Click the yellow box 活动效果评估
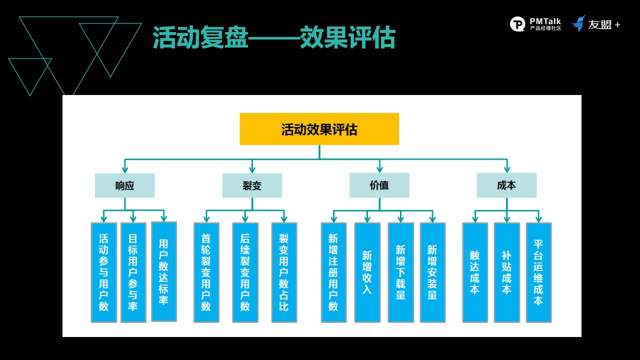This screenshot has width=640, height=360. (x=319, y=129)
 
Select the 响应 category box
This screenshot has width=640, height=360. (x=125, y=185)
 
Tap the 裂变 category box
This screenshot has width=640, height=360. (x=252, y=185)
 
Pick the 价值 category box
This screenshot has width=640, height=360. (x=379, y=185)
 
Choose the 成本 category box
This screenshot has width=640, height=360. (x=506, y=185)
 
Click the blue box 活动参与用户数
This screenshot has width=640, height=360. (x=103, y=272)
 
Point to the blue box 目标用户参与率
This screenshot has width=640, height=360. (x=133, y=272)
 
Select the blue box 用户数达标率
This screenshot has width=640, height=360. (x=163, y=271)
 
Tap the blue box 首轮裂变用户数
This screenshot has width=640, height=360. (x=206, y=272)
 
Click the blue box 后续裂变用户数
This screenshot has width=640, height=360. (x=245, y=272)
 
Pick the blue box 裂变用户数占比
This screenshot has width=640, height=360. (x=284, y=272)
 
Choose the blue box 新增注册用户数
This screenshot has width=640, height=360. (x=333, y=272)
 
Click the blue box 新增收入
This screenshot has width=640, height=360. (x=367, y=272)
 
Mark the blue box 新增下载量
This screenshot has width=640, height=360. (x=400, y=272)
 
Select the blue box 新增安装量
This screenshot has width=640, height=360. (x=432, y=272)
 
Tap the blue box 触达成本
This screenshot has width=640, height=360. (x=475, y=272)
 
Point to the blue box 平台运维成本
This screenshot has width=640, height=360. (x=538, y=272)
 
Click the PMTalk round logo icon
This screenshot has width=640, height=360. (x=517, y=24)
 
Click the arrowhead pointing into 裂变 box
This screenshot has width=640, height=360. (x=252, y=169)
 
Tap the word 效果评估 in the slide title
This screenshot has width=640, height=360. (x=347, y=37)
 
